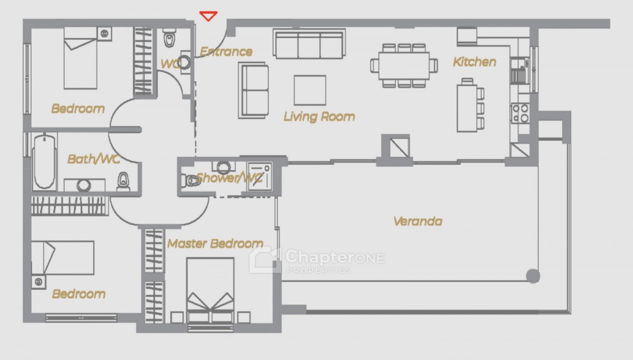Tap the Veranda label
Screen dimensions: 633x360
point(418,221)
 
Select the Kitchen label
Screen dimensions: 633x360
point(474,62)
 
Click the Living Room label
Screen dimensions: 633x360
point(319,116)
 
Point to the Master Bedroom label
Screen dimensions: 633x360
point(215,244)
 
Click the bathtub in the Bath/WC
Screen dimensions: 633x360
point(44,162)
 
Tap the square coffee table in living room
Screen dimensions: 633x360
point(310,90)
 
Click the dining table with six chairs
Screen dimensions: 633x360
point(404,66)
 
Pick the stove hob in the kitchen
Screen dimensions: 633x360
point(520,113)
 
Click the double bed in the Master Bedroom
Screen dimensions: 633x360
point(210,290)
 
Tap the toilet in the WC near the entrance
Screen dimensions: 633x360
point(169,38)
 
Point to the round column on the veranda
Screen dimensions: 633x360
point(533,276)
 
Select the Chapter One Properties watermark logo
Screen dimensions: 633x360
point(317,260)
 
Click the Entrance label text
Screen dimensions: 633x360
point(226,52)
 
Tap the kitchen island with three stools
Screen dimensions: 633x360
point(470,106)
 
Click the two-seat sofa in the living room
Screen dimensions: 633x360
point(254,90)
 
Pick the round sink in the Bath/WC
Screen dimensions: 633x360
point(84,186)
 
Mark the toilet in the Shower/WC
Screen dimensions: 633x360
point(190,180)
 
